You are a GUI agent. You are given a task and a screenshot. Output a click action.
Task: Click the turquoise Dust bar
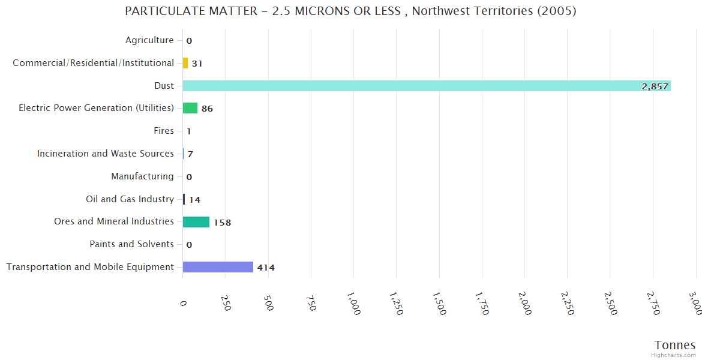pos(426,86)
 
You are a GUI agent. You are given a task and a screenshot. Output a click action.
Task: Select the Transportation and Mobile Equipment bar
pos(218,267)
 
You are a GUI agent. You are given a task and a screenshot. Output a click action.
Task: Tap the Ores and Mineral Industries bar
pos(196,222)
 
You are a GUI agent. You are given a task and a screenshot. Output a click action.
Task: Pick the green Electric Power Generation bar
pos(190,108)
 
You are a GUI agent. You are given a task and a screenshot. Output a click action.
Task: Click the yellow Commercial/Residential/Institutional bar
pos(185,63)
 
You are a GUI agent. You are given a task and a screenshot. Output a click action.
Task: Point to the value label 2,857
pos(655,86)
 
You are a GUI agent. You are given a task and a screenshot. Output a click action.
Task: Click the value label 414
pos(266,268)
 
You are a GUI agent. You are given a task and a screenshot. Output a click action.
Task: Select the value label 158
pos(222,223)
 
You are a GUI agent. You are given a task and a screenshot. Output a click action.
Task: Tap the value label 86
pos(207,109)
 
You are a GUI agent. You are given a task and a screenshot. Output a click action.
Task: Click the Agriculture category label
pos(149,40)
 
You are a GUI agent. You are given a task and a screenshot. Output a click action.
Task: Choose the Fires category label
pos(164,131)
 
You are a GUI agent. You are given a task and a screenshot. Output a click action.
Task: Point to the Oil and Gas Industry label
pos(130,199)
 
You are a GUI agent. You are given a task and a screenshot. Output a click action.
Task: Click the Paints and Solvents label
pos(131,244)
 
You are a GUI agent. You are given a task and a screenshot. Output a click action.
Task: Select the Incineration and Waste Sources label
pos(106,154)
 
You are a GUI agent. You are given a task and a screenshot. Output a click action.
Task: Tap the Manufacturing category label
pos(142,176)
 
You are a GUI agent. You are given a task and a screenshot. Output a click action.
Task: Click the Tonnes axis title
pos(674,345)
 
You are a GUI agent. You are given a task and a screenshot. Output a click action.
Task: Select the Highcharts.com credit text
pos(674,355)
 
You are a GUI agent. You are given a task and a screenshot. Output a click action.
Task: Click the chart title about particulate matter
pos(350,11)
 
